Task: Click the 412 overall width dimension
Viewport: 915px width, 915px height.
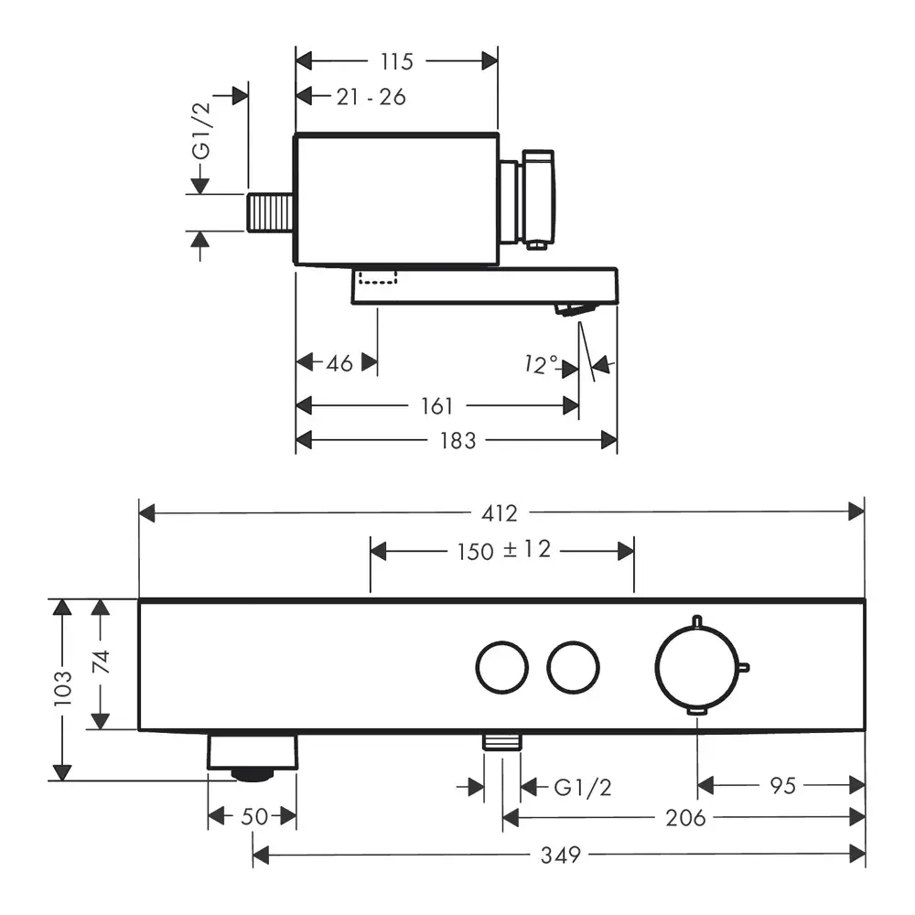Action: coord(505,512)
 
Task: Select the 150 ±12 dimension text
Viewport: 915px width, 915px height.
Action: coord(503,551)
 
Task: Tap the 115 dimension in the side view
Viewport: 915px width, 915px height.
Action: coord(395,61)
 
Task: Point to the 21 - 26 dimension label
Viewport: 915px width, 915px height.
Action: coord(371,96)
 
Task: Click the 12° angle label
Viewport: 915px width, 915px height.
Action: coord(541,365)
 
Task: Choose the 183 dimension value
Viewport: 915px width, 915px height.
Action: coord(457,440)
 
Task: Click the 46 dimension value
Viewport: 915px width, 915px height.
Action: coord(339,363)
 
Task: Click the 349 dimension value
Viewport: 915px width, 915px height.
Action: coord(560,856)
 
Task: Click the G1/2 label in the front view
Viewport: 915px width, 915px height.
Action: coord(582,786)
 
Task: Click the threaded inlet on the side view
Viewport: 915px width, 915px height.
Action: coord(269,215)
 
